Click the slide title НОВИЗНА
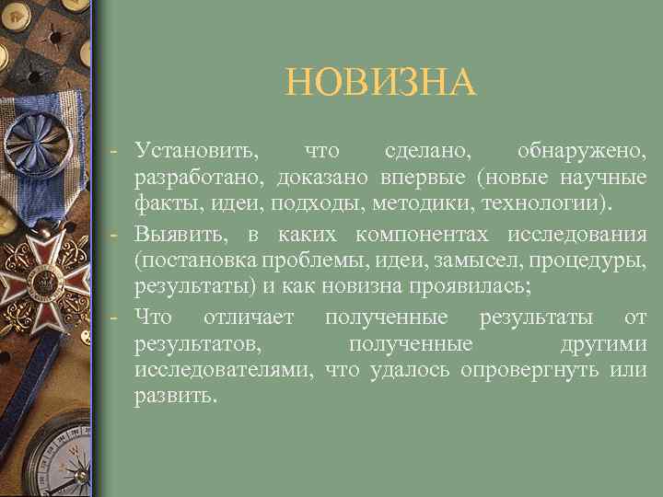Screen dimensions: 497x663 click(x=380, y=83)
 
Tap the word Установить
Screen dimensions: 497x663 click(x=196, y=149)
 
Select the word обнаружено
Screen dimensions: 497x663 click(x=581, y=149)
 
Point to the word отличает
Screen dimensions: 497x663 click(x=250, y=318)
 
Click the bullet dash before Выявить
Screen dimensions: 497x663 click(x=111, y=235)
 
